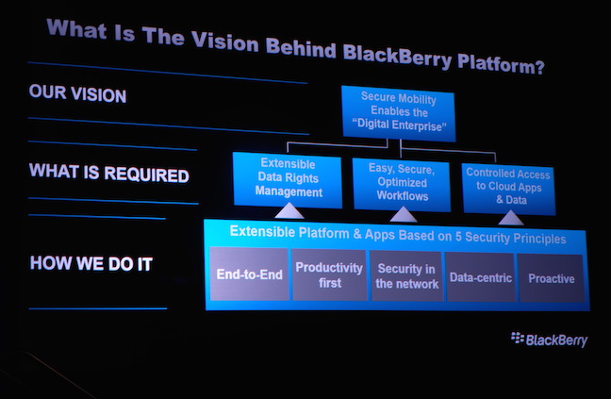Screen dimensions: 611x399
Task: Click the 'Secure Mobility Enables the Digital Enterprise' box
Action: (398, 113)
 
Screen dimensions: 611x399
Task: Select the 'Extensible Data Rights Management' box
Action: (288, 180)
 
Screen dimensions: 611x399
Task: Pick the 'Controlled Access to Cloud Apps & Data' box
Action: (508, 189)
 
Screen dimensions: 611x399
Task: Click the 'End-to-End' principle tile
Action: (249, 274)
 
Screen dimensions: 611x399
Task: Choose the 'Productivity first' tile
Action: (329, 275)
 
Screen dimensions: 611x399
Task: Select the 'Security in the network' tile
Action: (406, 276)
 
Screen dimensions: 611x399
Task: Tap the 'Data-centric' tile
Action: (481, 277)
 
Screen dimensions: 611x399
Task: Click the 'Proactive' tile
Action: (551, 278)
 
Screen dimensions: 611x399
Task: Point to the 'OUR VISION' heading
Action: (77, 94)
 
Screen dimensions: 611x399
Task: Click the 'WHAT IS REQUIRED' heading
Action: (109, 173)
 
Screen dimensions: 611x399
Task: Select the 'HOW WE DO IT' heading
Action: (91, 263)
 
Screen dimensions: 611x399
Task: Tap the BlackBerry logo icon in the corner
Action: (518, 338)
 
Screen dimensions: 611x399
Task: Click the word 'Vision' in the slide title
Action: (224, 41)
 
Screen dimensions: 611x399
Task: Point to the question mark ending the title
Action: (539, 67)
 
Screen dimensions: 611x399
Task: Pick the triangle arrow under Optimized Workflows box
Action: (403, 214)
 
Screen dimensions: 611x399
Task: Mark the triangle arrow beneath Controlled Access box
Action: (510, 218)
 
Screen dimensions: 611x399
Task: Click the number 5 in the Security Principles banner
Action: (458, 236)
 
